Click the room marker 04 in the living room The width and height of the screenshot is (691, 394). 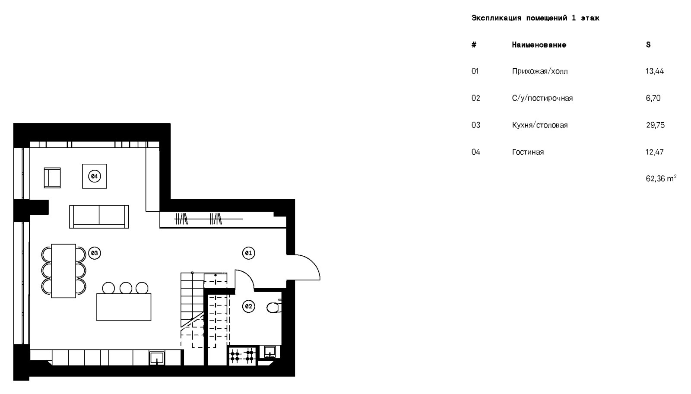(95, 176)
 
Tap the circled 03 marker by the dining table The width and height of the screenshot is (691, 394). (95, 253)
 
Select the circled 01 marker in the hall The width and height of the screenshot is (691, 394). (249, 253)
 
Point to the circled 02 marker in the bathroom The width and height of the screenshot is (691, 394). (249, 307)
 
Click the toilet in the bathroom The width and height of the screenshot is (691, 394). (273, 307)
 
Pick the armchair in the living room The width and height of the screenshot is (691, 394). (52, 178)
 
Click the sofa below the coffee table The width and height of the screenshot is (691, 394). (99, 216)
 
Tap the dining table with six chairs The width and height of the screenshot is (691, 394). (63, 271)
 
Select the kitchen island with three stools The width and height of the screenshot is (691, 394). (124, 307)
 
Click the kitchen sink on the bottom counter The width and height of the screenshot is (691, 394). (156, 358)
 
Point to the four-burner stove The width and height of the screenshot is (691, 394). (243, 356)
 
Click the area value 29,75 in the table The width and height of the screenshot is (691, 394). (655, 125)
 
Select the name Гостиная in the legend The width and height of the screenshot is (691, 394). (528, 152)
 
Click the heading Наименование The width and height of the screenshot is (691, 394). (539, 45)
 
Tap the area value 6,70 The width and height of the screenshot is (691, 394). (653, 98)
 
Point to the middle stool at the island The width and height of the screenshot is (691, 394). (126, 288)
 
